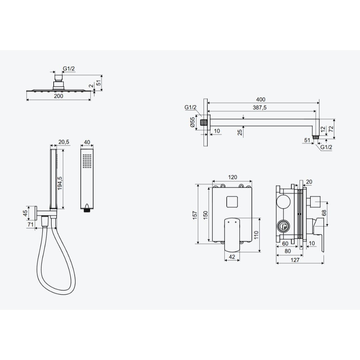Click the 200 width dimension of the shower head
(59, 96)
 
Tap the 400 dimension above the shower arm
(261, 99)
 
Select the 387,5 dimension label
(260, 107)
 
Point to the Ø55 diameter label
(192, 122)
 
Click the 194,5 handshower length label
(60, 183)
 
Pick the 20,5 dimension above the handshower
(64, 142)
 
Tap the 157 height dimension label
(195, 215)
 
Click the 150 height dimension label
(205, 215)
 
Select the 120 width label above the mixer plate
(232, 177)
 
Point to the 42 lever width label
(232, 257)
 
